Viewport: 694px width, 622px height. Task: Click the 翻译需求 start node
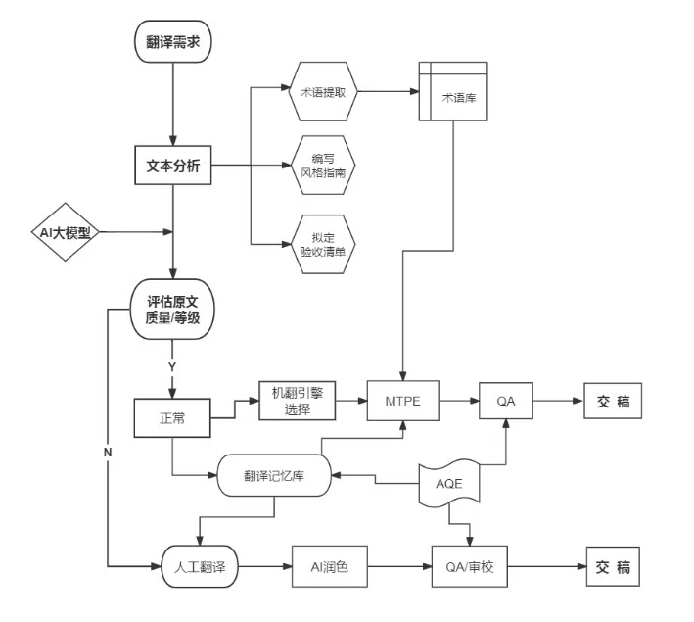(172, 42)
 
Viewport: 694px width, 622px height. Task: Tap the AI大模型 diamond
(64, 233)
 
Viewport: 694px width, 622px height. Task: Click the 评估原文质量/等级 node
(172, 310)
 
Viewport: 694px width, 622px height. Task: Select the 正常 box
(172, 417)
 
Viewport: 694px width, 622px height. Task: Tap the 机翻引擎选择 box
(297, 401)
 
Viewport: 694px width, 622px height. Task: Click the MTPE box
(402, 401)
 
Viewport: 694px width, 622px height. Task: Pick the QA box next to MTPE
(506, 401)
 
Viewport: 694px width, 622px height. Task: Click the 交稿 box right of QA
(612, 401)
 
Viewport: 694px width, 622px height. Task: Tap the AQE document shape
(449, 484)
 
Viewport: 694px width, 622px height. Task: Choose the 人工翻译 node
(199, 567)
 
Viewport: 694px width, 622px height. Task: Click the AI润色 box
(329, 567)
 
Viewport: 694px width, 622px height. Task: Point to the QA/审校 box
(470, 567)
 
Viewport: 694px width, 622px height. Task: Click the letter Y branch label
(172, 365)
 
